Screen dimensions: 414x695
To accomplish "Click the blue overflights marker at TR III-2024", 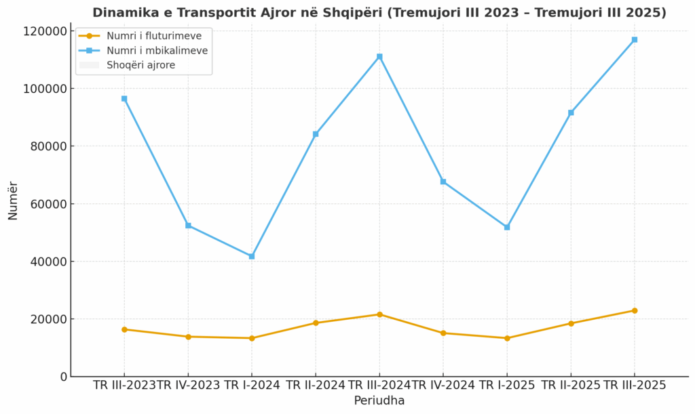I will [379, 57].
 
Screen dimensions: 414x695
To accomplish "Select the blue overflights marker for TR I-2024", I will [252, 256].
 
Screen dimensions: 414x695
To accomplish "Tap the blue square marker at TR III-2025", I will [635, 40].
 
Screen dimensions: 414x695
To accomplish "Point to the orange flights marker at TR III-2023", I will [124, 329].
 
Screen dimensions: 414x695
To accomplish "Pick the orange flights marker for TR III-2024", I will [379, 314].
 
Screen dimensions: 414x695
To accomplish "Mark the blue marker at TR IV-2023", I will [188, 226].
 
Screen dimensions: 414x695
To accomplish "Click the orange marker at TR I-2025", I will [507, 338].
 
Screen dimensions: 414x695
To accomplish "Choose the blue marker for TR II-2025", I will [571, 112].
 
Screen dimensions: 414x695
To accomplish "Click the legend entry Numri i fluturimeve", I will [154, 36].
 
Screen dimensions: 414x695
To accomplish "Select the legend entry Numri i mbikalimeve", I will [157, 51].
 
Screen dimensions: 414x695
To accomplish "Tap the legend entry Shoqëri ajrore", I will [140, 65].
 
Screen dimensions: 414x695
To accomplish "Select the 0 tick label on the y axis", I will [64, 377].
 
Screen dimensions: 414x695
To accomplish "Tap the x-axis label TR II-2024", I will [316, 386].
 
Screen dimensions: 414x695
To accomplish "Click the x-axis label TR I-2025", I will [507, 386].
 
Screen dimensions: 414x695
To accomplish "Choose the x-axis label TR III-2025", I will [635, 386].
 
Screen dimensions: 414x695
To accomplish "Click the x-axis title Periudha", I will [379, 401].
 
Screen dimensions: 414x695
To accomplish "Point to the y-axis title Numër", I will [13, 201].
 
